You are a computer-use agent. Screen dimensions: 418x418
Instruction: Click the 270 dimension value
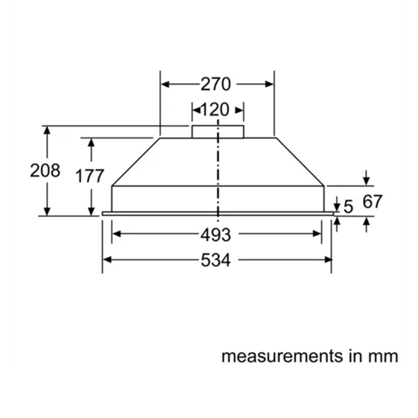pos(216,84)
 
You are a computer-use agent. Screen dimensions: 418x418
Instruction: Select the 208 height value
pos(45,171)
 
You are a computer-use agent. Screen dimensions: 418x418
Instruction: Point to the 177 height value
pos(90,176)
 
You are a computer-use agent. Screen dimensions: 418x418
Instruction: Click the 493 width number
pos(216,234)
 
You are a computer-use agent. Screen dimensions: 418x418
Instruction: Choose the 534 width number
pos(216,261)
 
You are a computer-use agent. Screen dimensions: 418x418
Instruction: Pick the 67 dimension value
pos(373,202)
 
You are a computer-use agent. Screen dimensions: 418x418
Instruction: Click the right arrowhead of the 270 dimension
pos(270,84)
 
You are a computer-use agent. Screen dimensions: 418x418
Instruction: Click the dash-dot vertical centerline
pos(218,174)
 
